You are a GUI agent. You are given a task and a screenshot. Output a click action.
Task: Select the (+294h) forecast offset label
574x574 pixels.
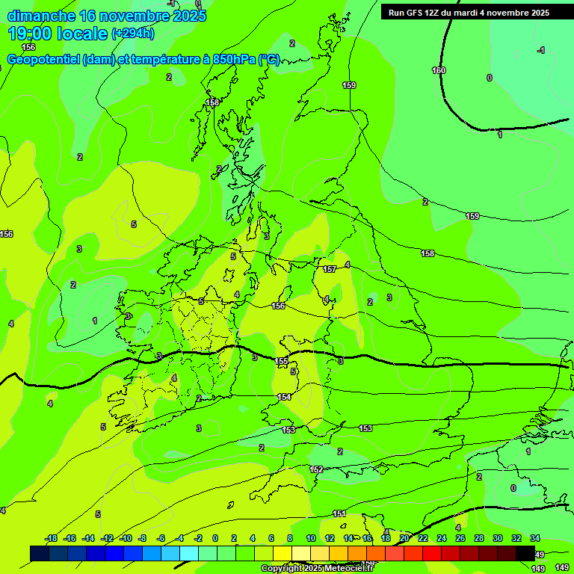click(133, 34)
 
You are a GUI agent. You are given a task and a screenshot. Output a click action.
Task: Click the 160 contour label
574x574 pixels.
click(439, 71)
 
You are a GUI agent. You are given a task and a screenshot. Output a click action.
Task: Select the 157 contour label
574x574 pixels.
click(330, 269)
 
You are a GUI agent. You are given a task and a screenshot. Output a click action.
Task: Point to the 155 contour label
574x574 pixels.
click(282, 361)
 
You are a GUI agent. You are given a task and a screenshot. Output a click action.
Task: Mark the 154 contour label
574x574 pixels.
click(284, 397)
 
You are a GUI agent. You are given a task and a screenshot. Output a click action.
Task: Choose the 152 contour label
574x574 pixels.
click(316, 469)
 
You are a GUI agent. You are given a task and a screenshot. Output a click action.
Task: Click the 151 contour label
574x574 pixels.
click(339, 513)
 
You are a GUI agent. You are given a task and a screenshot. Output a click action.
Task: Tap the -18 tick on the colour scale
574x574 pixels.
click(52, 539)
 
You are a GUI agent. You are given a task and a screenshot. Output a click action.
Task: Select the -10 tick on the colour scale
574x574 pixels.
click(126, 539)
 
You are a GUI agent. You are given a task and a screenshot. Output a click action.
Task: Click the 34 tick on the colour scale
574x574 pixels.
click(535, 539)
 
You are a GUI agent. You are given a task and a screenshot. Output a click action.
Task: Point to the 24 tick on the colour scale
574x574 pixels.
click(442, 539)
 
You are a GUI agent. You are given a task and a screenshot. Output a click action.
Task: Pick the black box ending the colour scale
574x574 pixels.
click(525, 553)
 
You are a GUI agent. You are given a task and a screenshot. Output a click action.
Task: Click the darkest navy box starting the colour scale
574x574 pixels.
click(40, 553)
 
